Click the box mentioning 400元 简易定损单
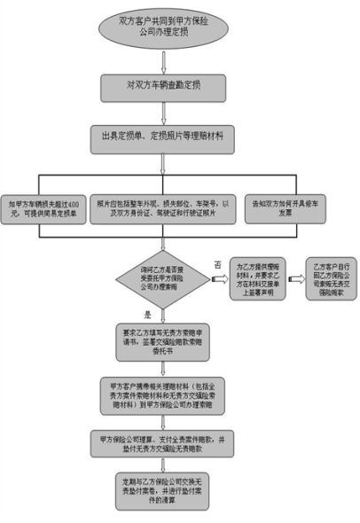click(x=44, y=207)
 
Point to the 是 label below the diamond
click(x=147, y=313)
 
